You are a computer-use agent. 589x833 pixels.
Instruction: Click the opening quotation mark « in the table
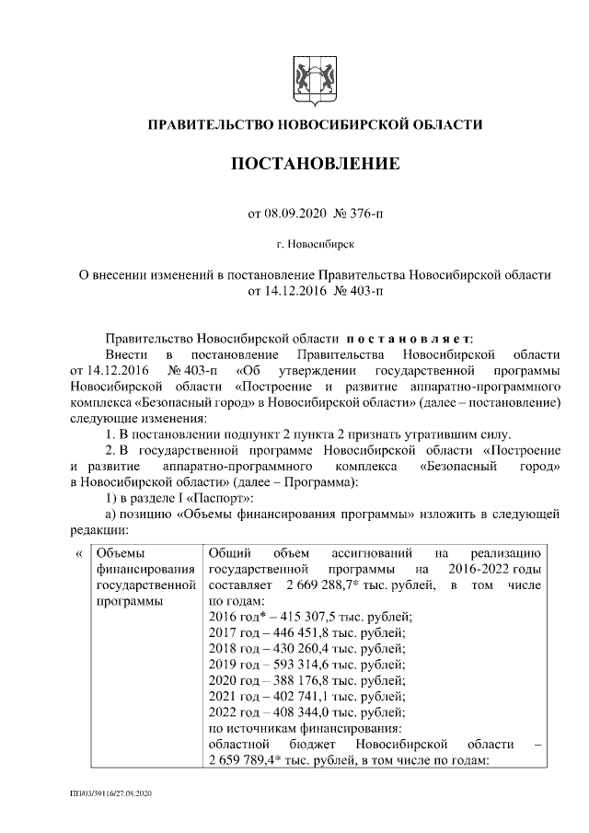(77, 554)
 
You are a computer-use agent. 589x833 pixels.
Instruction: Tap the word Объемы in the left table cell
(121, 554)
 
